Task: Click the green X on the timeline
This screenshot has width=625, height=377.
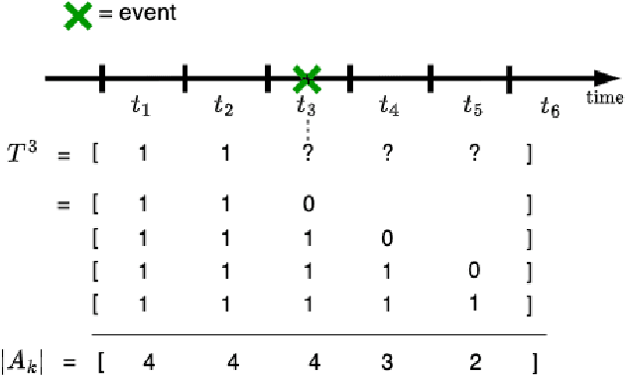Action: coord(308,76)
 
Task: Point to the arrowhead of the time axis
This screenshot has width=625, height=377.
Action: coord(605,77)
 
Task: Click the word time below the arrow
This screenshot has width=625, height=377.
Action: coord(603,97)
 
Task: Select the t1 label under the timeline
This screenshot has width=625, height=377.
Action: coord(142,105)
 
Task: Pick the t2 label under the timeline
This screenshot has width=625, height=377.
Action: coord(224,105)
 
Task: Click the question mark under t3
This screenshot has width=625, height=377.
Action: coord(308,155)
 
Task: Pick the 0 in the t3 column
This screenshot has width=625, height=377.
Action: coord(308,205)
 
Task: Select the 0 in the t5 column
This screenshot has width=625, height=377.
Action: coord(474,271)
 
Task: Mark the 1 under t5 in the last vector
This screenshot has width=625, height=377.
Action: coord(474,303)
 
